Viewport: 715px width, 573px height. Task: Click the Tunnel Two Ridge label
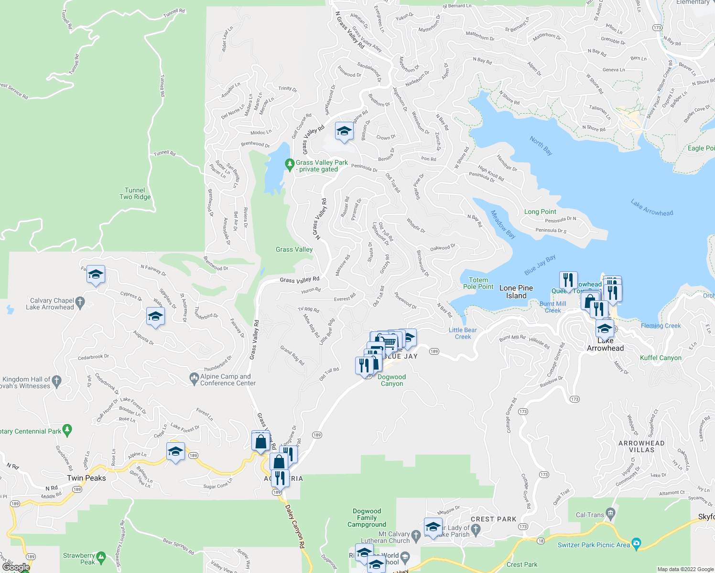pos(135,193)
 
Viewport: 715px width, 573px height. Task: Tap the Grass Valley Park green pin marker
pos(289,165)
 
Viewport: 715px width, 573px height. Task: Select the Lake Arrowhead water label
pos(652,208)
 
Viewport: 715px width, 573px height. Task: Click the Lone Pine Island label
pos(516,292)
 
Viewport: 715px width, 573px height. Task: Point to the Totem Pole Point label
pos(478,283)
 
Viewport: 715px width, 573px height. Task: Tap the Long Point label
pos(540,212)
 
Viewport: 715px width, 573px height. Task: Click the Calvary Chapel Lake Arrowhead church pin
pos(80,302)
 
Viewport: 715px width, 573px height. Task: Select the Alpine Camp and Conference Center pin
pos(194,379)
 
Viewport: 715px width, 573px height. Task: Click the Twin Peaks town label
pos(87,478)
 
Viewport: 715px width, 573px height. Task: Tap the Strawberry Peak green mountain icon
pos(100,557)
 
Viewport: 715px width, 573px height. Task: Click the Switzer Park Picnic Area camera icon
pos(636,543)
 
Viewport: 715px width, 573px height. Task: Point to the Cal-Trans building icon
pos(611,514)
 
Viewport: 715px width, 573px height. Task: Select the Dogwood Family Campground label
pos(367,518)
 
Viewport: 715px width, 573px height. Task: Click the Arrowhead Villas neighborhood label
pos(641,446)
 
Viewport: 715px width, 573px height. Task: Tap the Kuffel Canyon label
pos(661,358)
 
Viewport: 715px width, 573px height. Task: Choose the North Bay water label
pos(541,146)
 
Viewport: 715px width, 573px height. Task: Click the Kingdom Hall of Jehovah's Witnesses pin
pos(57,381)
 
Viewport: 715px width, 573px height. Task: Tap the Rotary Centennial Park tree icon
pos(67,430)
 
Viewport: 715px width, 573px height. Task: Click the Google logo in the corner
pos(16,567)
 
